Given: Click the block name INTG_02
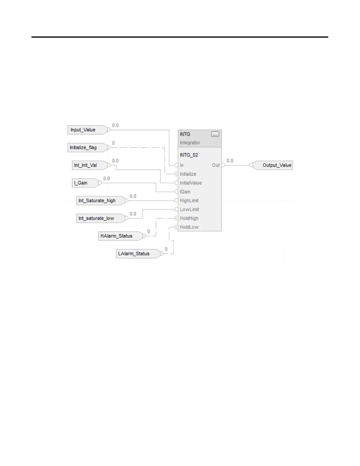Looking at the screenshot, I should tap(189, 155).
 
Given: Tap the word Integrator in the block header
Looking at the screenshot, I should tap(190, 143).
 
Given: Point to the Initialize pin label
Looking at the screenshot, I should tap(188, 174).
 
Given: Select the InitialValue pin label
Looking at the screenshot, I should tap(191, 183).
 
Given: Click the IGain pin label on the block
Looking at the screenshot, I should tap(185, 192).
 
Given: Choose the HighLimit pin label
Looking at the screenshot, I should tap(189, 200).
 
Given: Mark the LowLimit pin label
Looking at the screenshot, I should tap(189, 209).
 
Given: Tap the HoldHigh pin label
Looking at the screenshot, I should tap(189, 218).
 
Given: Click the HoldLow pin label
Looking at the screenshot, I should tap(189, 227).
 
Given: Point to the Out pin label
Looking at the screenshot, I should tap(216, 165).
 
